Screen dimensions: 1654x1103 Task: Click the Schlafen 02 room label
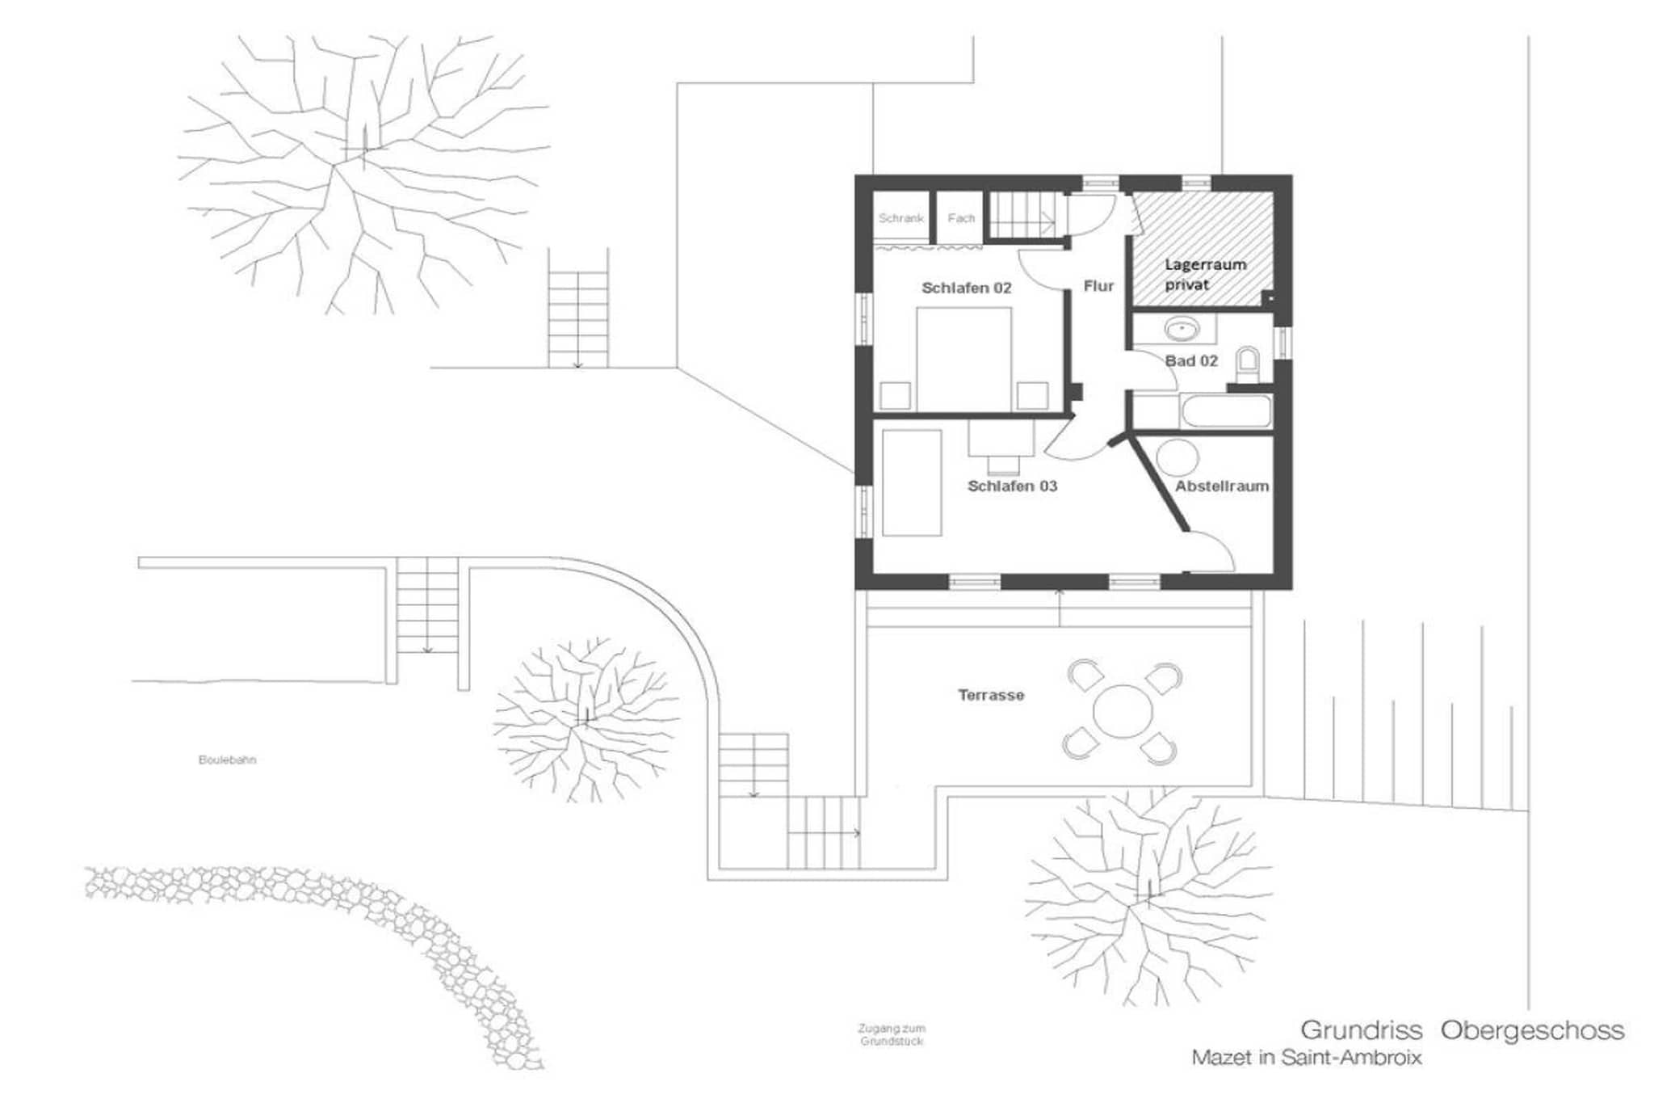[967, 288]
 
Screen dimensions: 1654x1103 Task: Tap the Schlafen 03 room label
[1012, 486]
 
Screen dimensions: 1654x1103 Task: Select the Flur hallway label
[1098, 286]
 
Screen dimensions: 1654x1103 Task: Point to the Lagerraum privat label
[1205, 275]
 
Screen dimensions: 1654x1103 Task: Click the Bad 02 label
[1191, 361]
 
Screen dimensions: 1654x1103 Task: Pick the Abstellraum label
[1222, 486]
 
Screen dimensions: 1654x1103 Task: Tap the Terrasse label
[991, 695]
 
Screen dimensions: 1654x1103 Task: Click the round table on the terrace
[1123, 712]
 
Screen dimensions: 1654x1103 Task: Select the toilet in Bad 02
[1248, 364]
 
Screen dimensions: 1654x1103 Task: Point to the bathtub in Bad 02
[1225, 411]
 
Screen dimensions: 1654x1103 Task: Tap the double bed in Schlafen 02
[963, 360]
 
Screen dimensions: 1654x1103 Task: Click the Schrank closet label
[900, 218]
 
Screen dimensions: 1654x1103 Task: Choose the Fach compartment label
[961, 218]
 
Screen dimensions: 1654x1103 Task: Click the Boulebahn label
[227, 760]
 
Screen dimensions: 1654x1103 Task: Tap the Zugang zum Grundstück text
[892, 1035]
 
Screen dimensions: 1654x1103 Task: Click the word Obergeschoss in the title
[1532, 1030]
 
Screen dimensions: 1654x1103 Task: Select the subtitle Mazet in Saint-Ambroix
[1307, 1057]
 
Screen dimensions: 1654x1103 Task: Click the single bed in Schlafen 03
[912, 483]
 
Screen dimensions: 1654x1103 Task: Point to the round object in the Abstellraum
[1177, 457]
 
